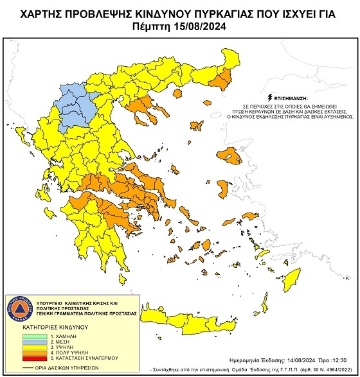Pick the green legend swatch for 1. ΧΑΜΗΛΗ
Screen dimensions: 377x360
tap(33, 335)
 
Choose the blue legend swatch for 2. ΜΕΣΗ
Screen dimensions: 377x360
tap(33, 340)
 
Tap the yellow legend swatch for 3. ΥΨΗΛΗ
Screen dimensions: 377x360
tap(33, 346)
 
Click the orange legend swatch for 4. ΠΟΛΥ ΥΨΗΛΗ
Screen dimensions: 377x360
tap(33, 352)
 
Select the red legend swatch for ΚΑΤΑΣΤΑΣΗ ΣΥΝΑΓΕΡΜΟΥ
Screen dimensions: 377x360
tap(33, 358)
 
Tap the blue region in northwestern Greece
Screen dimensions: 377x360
tap(74, 109)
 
